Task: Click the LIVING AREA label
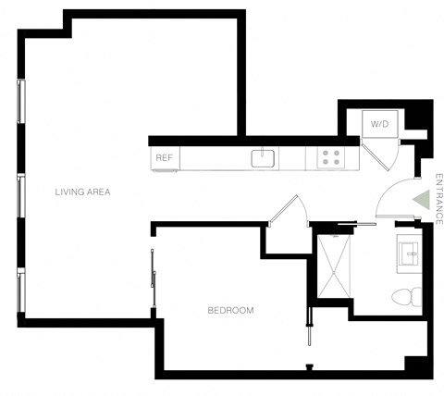(83, 192)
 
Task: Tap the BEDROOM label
(230, 310)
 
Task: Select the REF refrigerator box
(165, 158)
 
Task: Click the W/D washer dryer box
(379, 124)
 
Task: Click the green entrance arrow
(419, 199)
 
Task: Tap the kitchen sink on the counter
(264, 158)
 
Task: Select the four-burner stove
(330, 158)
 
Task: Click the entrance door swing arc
(393, 198)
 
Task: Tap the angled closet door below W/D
(381, 155)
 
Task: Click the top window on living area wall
(20, 101)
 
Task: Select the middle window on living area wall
(20, 194)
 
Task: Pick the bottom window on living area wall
(20, 288)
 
